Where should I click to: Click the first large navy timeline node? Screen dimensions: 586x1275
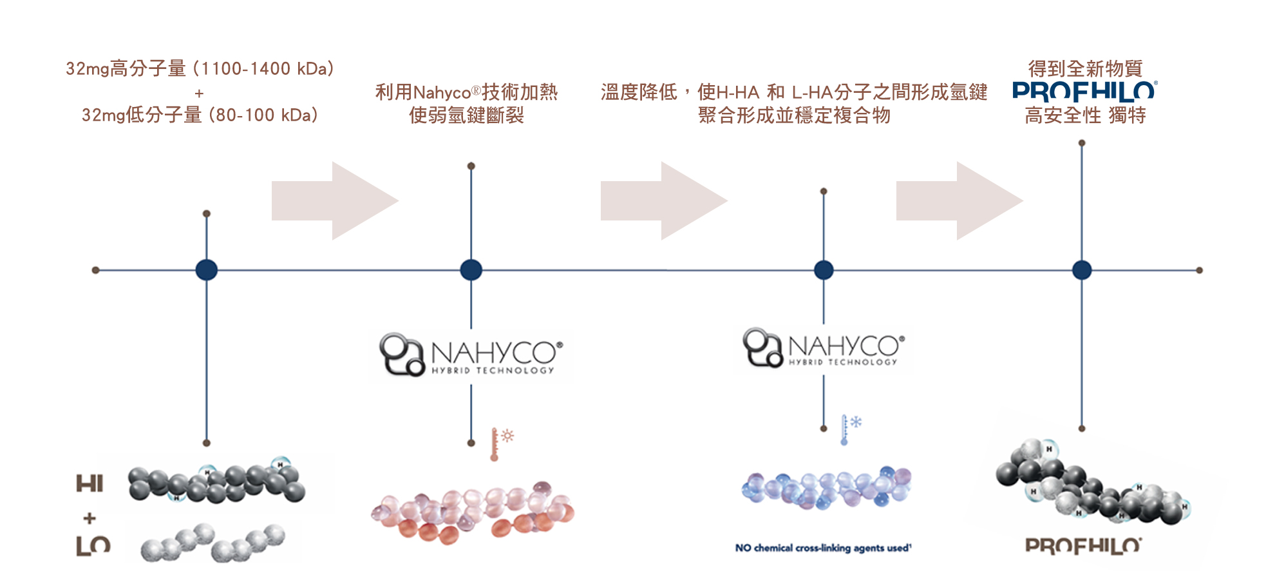point(206,270)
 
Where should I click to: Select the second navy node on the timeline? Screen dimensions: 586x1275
point(471,270)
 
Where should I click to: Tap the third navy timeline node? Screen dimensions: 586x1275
point(824,270)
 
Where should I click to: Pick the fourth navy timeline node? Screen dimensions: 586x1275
point(1082,270)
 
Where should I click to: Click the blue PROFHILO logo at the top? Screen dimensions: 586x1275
point(1084,91)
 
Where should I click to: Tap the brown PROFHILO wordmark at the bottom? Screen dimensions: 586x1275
point(1083,546)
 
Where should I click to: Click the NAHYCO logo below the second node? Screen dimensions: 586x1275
point(471,355)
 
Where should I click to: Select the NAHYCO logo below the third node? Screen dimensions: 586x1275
point(824,348)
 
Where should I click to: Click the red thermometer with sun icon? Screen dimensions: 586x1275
point(501,443)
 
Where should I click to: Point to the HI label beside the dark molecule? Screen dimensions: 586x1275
point(90,483)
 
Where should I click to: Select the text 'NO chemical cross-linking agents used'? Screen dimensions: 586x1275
point(823,548)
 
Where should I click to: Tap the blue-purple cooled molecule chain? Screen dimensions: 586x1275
point(827,487)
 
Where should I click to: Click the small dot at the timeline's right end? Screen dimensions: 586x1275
point(1199,270)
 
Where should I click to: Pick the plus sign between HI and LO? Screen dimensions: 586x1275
point(90,518)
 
